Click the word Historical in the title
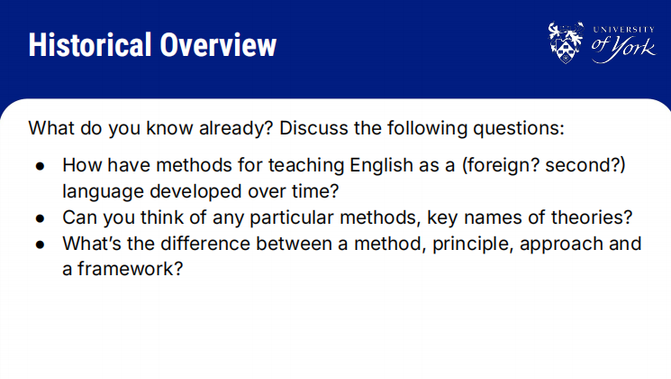click(x=90, y=44)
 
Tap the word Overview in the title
click(x=218, y=44)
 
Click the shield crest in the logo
click(x=566, y=42)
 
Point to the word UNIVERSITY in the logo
click(x=623, y=30)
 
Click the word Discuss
click(x=313, y=128)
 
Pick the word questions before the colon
click(x=516, y=129)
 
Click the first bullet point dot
click(x=41, y=166)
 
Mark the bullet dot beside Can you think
click(x=41, y=218)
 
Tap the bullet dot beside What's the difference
click(x=41, y=245)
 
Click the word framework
click(x=126, y=269)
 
